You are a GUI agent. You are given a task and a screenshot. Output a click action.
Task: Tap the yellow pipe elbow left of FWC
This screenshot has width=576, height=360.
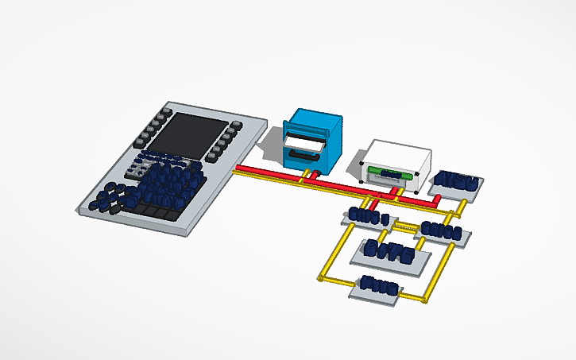[x=323, y=279]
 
